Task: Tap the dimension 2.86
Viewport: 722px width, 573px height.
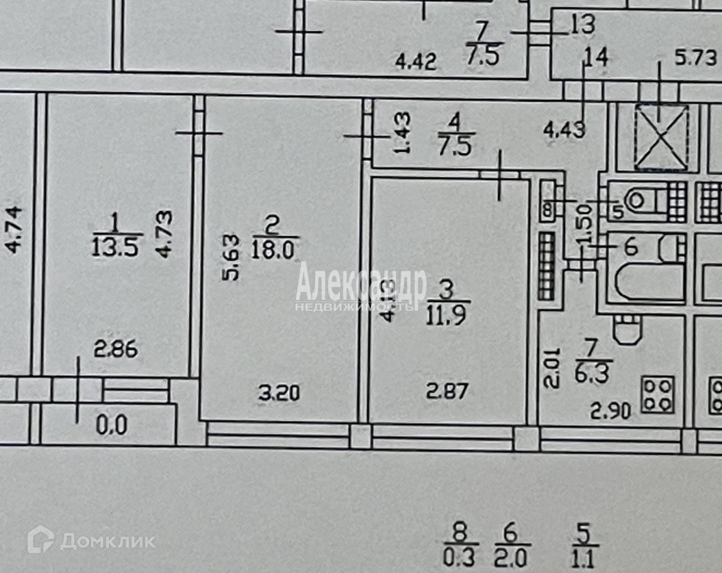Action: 115,350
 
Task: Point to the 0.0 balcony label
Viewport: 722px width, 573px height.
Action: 112,425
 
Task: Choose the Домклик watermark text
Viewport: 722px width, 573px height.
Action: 107,542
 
